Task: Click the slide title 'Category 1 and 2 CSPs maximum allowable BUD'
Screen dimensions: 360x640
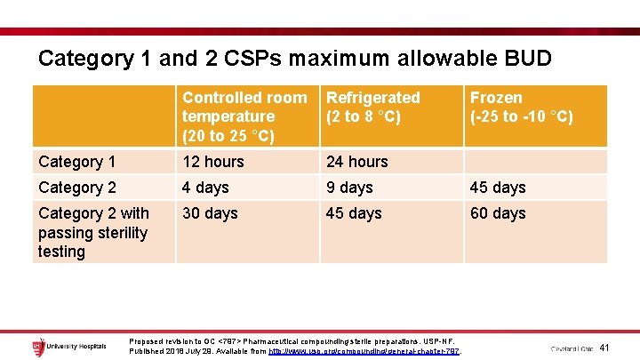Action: tap(294, 59)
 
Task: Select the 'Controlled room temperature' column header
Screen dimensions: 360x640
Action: tap(244, 116)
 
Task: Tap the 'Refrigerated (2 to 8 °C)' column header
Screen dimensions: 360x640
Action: tap(373, 107)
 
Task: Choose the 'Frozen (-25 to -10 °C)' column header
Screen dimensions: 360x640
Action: tap(521, 107)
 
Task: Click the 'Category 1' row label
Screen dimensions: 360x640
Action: tap(76, 162)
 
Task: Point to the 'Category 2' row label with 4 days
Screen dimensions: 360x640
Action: tap(76, 188)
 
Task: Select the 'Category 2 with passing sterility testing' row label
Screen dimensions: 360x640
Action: tap(93, 232)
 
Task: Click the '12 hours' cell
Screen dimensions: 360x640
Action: tap(214, 162)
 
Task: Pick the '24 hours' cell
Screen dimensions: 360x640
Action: tap(357, 162)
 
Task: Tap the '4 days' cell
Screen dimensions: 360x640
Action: tap(205, 188)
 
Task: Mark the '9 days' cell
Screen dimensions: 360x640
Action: tap(349, 188)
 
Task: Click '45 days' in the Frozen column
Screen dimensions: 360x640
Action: tap(497, 188)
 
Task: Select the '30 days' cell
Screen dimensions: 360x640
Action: tap(210, 213)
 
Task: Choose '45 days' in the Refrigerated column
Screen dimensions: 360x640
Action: tap(354, 213)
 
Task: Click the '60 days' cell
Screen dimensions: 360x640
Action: tap(497, 213)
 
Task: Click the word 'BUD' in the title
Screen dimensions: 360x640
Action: tap(527, 59)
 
